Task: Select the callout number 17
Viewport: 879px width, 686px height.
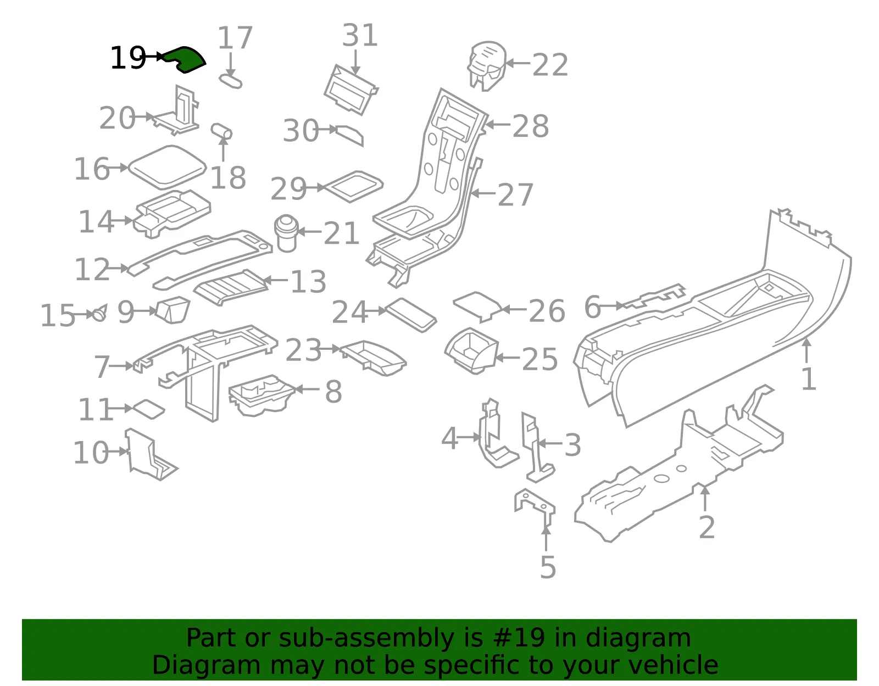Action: [235, 37]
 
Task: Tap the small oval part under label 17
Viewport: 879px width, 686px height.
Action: [231, 80]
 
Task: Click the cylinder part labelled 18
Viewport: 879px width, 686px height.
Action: [221, 131]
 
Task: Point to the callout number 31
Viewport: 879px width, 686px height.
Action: [360, 35]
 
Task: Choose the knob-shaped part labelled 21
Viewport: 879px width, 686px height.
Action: [286, 233]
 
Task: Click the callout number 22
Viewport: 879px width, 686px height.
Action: [550, 65]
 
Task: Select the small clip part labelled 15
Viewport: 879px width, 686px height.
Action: [99, 313]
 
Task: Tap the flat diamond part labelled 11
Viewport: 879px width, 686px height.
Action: [148, 410]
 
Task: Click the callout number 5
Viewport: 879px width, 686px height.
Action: [548, 567]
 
